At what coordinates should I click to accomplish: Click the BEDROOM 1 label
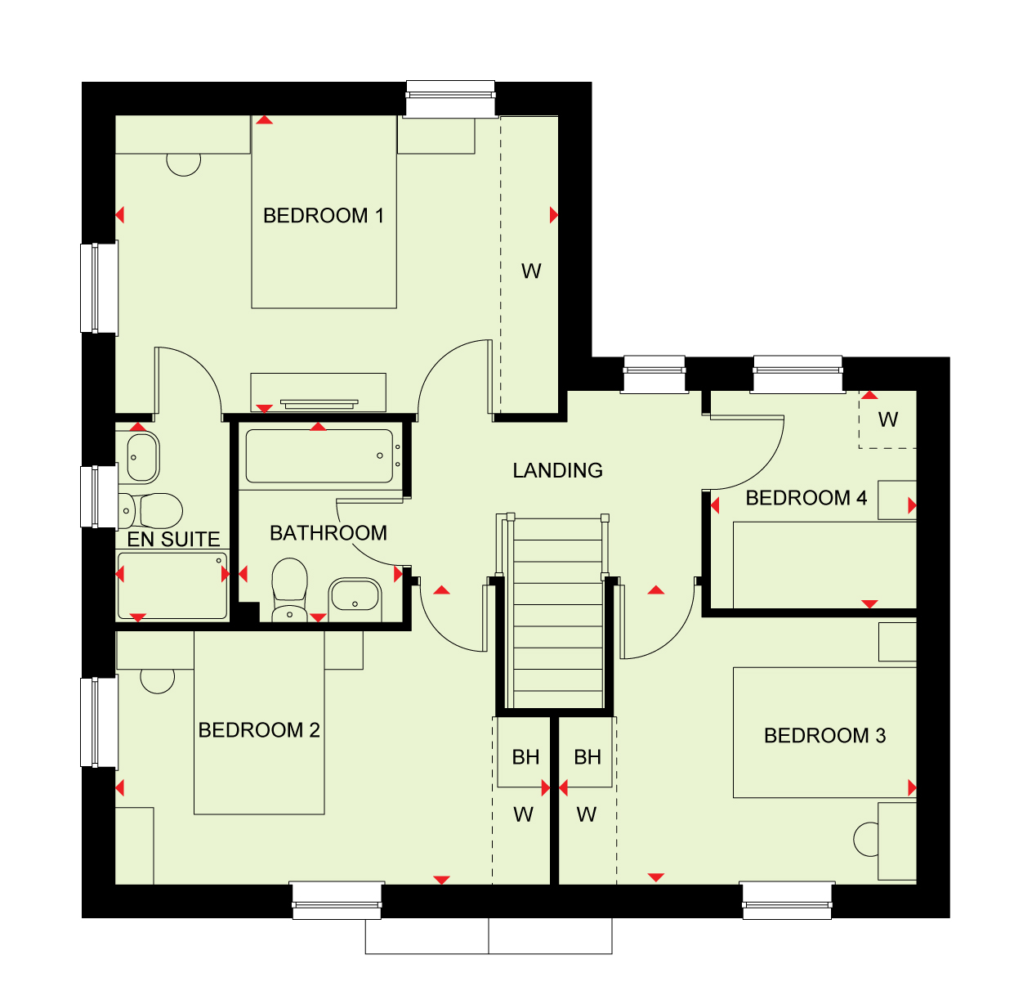[x=323, y=216]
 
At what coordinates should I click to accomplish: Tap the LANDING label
[x=557, y=470]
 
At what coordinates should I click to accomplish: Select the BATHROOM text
[x=328, y=533]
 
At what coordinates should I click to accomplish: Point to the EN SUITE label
[x=173, y=540]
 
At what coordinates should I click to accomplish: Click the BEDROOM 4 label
[x=806, y=498]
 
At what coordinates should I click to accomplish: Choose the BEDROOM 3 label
[x=824, y=736]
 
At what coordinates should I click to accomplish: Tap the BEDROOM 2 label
[x=259, y=730]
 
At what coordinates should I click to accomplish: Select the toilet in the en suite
[x=150, y=510]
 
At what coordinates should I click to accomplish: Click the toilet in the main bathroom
[x=289, y=590]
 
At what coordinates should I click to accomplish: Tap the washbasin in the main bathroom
[x=355, y=599]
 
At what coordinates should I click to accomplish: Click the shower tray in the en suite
[x=172, y=585]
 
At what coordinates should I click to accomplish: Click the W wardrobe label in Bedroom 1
[x=531, y=271]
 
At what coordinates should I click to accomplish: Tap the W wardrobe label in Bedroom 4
[x=887, y=419]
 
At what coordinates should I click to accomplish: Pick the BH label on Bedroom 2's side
[x=525, y=757]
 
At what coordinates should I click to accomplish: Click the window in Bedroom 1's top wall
[x=450, y=99]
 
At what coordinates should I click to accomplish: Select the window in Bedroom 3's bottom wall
[x=787, y=901]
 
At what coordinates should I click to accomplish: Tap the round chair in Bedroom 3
[x=865, y=839]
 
